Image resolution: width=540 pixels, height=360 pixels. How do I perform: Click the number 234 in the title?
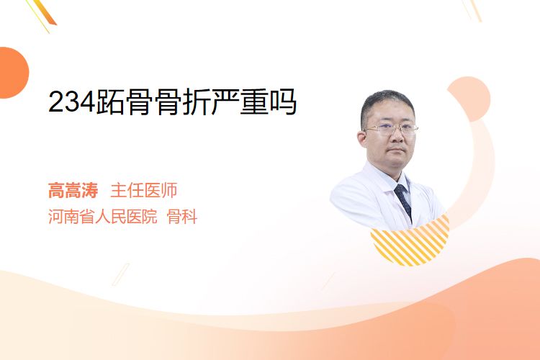[x=71, y=102]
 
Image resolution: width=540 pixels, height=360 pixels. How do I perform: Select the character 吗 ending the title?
[x=283, y=102]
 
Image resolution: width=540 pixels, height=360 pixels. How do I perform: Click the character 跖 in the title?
[x=110, y=102]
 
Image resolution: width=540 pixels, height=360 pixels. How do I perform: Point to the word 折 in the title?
[x=196, y=102]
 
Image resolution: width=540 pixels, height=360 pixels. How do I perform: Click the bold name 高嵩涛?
[x=73, y=191]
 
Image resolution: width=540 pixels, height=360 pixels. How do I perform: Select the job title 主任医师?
[x=144, y=191]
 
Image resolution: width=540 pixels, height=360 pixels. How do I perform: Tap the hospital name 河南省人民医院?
[x=103, y=217]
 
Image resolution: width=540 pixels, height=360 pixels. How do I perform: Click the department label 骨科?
[x=182, y=217]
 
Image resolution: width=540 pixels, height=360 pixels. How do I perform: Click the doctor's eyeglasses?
[x=392, y=129]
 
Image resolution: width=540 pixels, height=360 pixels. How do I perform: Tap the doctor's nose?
[x=397, y=136]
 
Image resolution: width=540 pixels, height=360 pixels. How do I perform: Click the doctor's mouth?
[x=397, y=150]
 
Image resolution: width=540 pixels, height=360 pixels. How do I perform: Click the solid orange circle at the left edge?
[x=13, y=73]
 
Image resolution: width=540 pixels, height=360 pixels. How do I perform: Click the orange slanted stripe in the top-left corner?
[x=46, y=12]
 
